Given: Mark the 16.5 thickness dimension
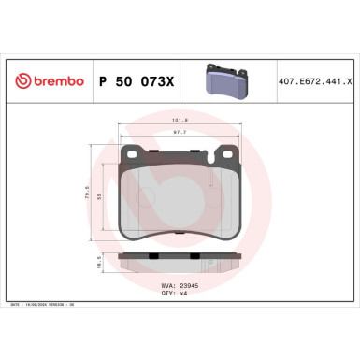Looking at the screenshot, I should pyautogui.click(x=100, y=265).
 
